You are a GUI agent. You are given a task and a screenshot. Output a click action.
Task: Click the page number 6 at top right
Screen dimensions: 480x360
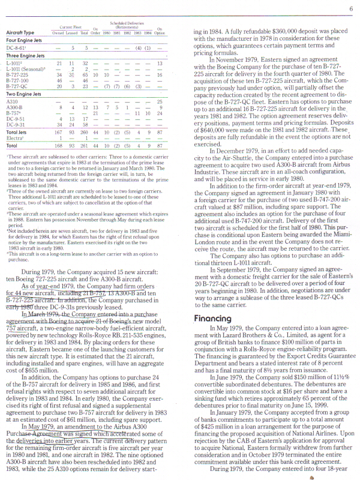350,8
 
